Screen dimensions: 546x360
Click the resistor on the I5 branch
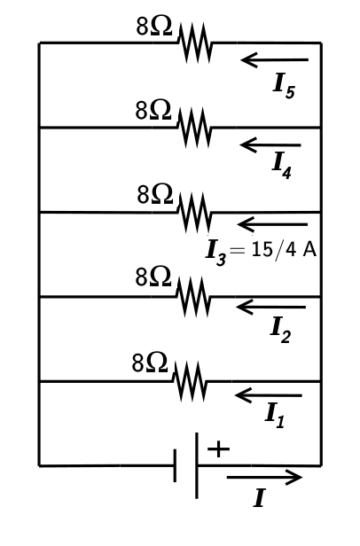coord(195,43)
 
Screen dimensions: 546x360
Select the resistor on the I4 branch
coord(194,128)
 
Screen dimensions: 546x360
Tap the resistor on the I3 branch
coord(195,213)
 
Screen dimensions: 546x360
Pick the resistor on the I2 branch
coord(194,297)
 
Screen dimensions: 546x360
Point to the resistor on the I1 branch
coord(191,381)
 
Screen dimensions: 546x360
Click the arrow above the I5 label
coord(275,60)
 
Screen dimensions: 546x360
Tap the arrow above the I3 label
coord(272,223)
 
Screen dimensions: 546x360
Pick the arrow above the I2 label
coord(270,308)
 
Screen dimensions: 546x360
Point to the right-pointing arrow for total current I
coord(264,478)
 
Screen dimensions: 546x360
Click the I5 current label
coord(283,86)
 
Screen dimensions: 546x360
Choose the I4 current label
coord(280,164)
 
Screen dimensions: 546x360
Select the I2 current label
coord(280,330)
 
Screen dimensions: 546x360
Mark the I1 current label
coord(275,415)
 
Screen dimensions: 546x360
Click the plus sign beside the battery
coord(218,449)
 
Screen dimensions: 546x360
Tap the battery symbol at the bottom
coord(187,465)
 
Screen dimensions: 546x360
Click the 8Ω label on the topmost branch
coord(153,27)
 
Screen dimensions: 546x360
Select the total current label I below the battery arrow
coord(258,500)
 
